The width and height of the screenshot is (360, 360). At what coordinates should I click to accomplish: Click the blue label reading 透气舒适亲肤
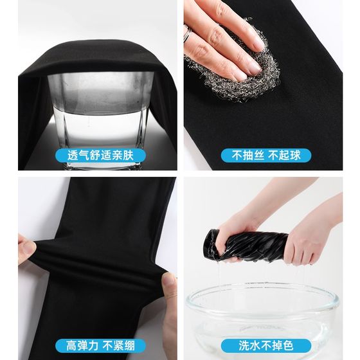(100, 155)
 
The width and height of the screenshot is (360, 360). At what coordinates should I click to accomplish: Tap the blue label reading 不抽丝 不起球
(266, 155)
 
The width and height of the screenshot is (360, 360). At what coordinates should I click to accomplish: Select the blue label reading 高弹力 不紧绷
(100, 345)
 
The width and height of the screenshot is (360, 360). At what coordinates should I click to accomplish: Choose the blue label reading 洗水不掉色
(266, 345)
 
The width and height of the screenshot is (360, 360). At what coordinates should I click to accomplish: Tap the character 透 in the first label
(73, 155)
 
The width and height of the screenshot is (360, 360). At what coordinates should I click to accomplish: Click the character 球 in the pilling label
(295, 155)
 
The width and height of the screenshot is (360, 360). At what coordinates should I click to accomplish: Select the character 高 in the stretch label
(71, 346)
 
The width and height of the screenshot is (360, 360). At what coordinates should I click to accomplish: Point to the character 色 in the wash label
(288, 346)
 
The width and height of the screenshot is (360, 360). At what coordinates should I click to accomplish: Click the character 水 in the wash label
(255, 346)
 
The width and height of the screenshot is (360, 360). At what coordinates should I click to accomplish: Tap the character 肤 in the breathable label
(128, 155)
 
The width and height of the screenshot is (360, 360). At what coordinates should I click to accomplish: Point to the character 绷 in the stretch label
(129, 346)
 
